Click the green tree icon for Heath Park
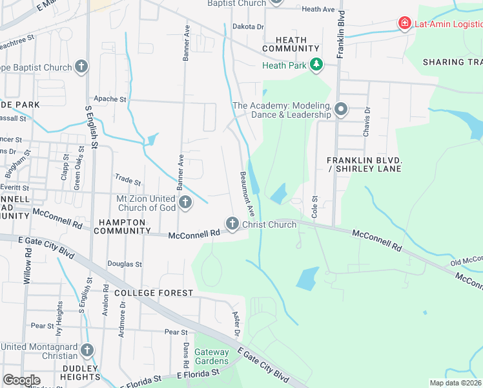point(316,65)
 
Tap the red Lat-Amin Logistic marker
point(405,24)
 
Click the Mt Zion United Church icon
point(185,203)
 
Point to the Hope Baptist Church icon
point(81,67)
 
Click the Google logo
point(21,380)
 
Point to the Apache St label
point(110,99)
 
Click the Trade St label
point(127,182)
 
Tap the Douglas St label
point(125,264)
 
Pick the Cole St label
point(315,206)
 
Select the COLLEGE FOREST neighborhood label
point(153,293)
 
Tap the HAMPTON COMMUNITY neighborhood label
point(123,226)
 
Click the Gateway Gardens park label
point(212,356)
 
